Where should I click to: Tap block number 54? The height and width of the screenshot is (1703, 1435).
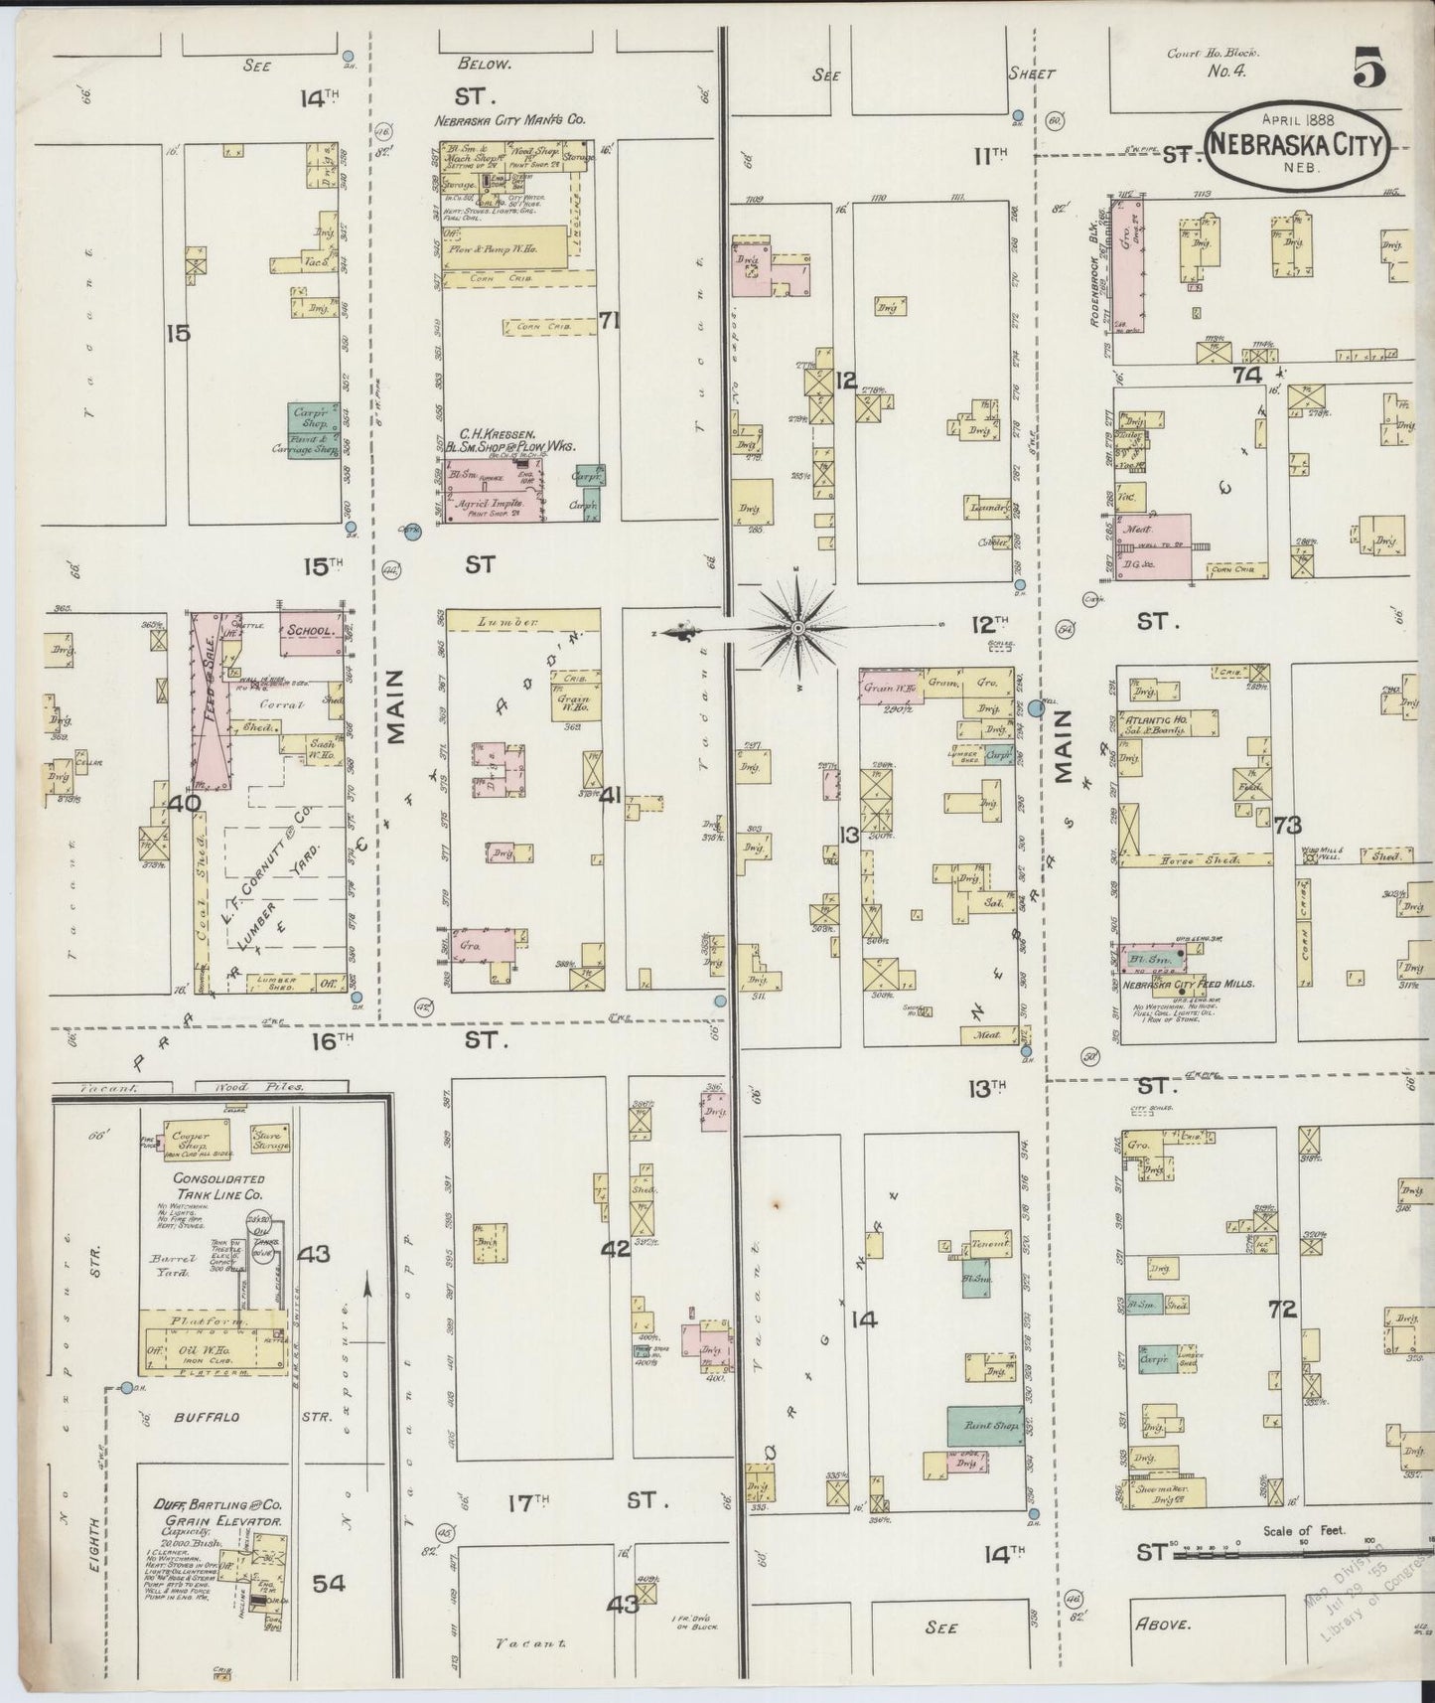coord(328,1583)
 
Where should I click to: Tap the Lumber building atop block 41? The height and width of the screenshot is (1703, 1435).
coord(523,621)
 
